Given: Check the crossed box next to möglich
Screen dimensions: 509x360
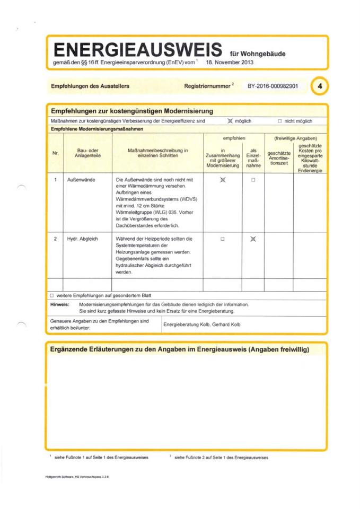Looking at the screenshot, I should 230,121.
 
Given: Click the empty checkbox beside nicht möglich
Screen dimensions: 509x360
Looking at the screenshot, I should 279,121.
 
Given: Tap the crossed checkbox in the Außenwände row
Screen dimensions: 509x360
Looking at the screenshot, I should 223,180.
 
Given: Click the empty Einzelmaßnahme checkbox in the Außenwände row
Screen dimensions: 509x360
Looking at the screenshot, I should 253,180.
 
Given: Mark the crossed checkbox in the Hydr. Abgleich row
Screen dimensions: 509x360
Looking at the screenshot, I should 253,239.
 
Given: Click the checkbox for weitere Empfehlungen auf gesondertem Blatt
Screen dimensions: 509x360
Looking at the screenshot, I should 52,295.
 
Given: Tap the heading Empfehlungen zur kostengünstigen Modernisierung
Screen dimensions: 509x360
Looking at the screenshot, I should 132,111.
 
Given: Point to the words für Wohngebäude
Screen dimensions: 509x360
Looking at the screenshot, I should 257,54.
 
